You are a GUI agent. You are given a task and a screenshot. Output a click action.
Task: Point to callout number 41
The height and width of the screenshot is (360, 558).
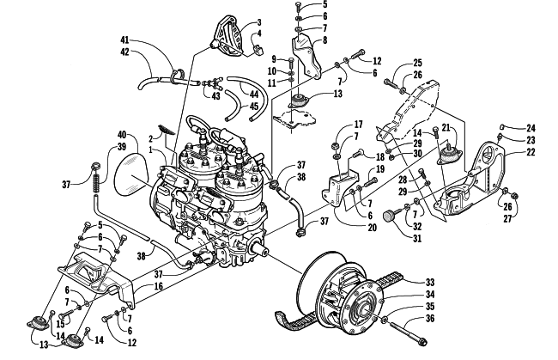[x=124, y=42]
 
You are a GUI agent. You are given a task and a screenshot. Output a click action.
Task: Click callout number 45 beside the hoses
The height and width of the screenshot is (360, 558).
[x=254, y=107]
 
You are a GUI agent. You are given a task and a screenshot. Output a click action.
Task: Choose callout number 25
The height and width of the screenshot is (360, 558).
[x=418, y=64]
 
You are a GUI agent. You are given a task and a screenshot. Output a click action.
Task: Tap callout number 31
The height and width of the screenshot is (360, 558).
[x=394, y=240]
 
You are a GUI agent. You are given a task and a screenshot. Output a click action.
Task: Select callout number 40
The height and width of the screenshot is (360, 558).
[x=123, y=135]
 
